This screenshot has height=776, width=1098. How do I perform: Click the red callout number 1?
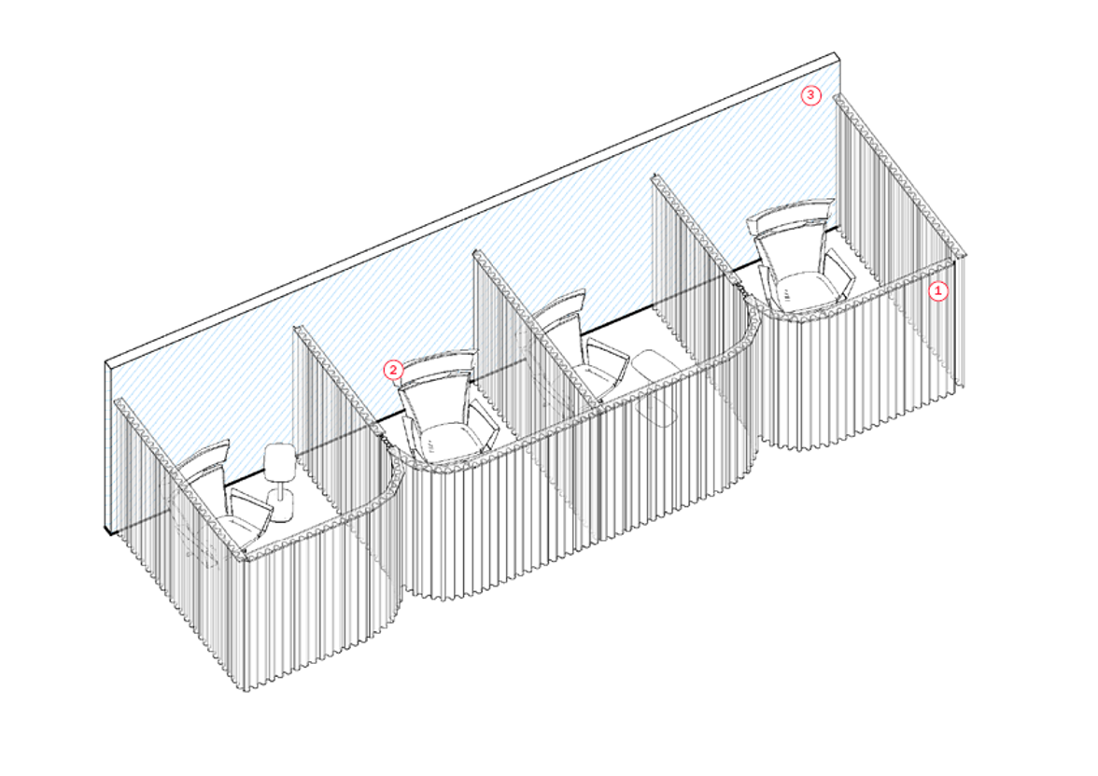pos(938,290)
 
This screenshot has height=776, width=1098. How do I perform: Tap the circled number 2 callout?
pos(394,370)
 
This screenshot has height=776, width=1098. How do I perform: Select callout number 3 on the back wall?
pos(811,95)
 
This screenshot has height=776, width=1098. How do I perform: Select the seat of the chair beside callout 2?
pos(449,441)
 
